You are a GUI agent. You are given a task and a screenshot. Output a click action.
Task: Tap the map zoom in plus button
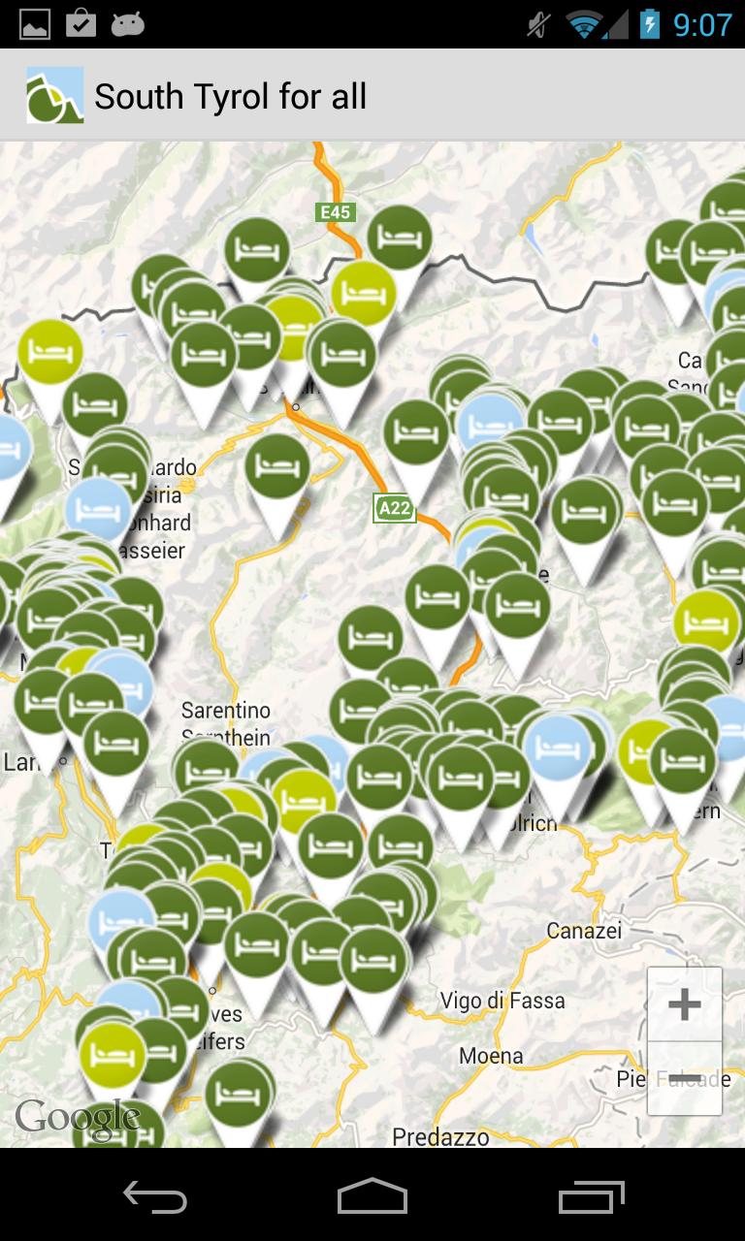tap(685, 1004)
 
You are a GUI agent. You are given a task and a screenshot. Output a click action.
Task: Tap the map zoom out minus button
tap(685, 1078)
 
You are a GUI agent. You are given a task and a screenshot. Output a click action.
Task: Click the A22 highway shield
tap(395, 508)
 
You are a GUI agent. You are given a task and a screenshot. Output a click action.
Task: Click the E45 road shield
tap(336, 212)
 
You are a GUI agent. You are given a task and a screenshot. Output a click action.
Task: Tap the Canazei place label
tap(583, 931)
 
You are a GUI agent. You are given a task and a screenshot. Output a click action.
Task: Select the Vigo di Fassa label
tap(502, 1000)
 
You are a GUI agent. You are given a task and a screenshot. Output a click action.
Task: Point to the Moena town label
tap(491, 1056)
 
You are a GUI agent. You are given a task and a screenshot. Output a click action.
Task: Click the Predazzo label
tap(440, 1136)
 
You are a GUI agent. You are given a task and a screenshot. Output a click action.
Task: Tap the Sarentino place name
tap(226, 711)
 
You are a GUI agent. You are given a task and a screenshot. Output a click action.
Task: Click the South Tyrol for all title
tap(231, 96)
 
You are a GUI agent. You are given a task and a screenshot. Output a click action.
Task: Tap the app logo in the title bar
tap(54, 95)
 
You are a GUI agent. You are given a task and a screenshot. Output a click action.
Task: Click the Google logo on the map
tap(78, 1118)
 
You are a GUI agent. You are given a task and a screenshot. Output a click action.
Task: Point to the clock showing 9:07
tap(703, 24)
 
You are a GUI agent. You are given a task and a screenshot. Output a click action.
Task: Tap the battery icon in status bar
tap(649, 24)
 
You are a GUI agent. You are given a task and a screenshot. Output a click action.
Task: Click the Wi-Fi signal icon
tap(585, 24)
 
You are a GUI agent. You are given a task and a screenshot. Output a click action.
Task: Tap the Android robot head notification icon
tap(127, 24)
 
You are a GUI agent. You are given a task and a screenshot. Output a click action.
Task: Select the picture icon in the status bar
tap(35, 24)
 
